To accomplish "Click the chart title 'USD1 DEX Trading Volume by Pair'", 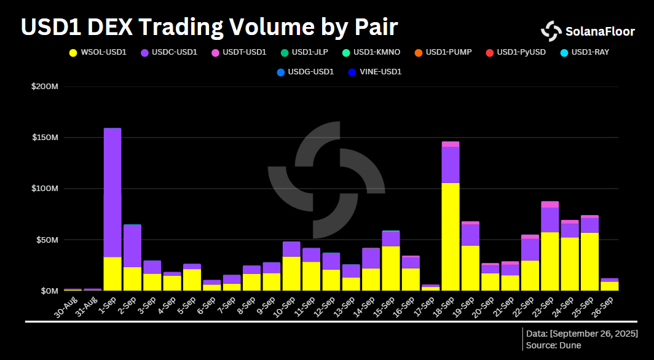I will click(209, 27).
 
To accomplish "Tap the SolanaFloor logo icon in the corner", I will click(551, 31).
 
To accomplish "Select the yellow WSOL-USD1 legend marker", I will click(74, 52).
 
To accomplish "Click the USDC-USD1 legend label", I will click(175, 52).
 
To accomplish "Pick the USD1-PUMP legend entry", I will click(449, 52).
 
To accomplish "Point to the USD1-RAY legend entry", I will click(589, 52).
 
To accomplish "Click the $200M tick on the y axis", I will click(44, 87).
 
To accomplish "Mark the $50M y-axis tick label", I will click(46, 240).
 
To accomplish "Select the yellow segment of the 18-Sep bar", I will click(451, 237).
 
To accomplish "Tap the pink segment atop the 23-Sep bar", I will click(550, 204).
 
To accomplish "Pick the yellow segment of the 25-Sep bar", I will click(589, 261).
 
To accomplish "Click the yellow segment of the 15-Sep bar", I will click(391, 268).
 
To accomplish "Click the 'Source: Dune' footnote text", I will click(554, 345).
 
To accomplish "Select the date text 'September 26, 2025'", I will click(594, 333).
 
